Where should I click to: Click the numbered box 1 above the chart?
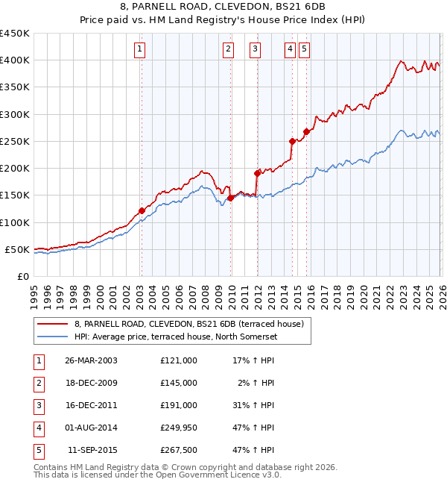tap(140, 50)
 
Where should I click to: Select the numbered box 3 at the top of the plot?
tap(256, 50)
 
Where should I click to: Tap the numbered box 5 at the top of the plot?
tap(305, 50)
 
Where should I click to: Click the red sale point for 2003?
tap(142, 211)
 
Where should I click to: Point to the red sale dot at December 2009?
tap(230, 198)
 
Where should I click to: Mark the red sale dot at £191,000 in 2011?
tap(257, 173)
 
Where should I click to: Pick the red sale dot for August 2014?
tap(292, 141)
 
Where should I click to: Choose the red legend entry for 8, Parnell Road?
tap(188, 325)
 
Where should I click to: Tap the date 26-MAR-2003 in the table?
tap(91, 360)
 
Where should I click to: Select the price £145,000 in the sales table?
tap(178, 383)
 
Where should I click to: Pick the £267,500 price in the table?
tap(178, 450)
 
